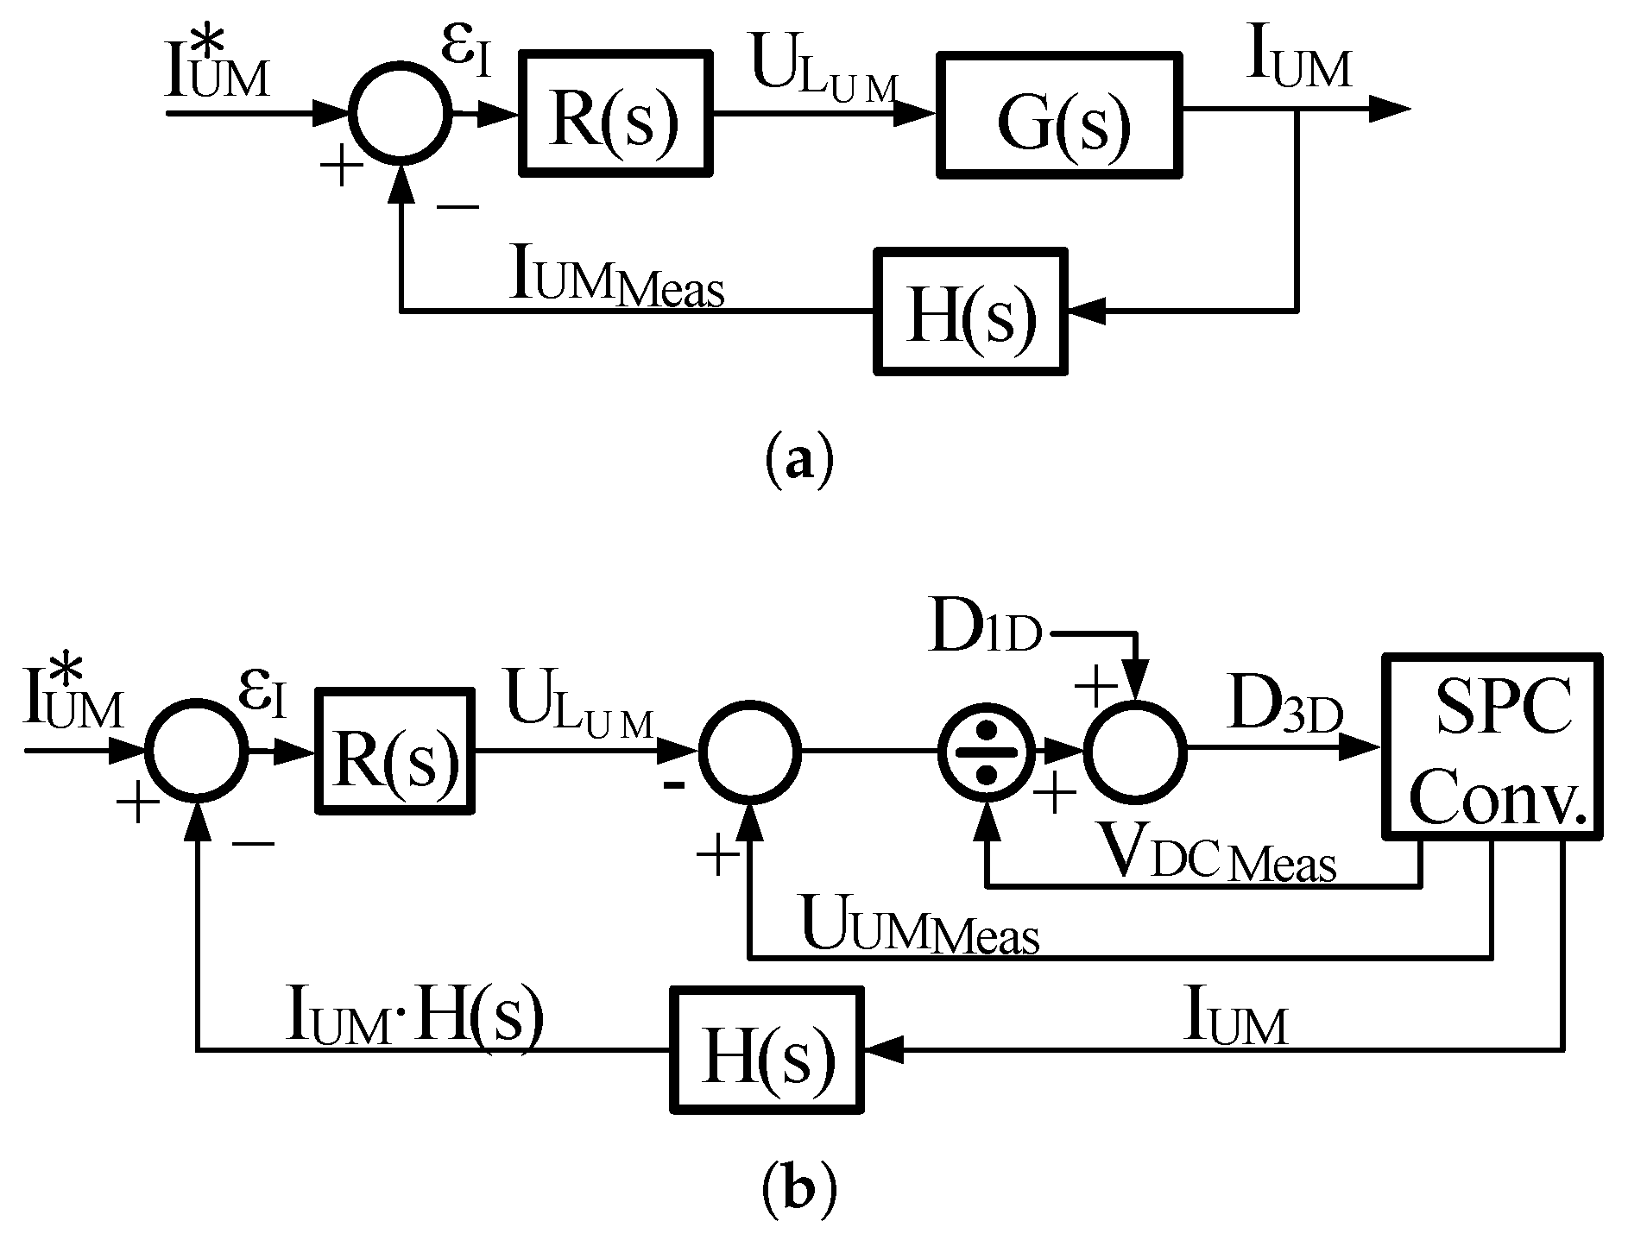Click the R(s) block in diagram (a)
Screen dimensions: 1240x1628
point(615,114)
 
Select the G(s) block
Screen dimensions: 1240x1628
point(1060,115)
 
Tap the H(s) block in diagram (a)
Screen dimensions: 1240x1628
point(971,312)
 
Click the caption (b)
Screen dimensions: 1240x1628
point(799,1191)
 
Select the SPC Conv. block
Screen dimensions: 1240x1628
point(1492,746)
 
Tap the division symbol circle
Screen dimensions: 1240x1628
point(986,752)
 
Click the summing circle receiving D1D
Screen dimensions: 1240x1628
point(1136,752)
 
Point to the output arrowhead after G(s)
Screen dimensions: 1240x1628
point(1390,110)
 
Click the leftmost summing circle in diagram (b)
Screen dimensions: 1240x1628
point(198,751)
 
